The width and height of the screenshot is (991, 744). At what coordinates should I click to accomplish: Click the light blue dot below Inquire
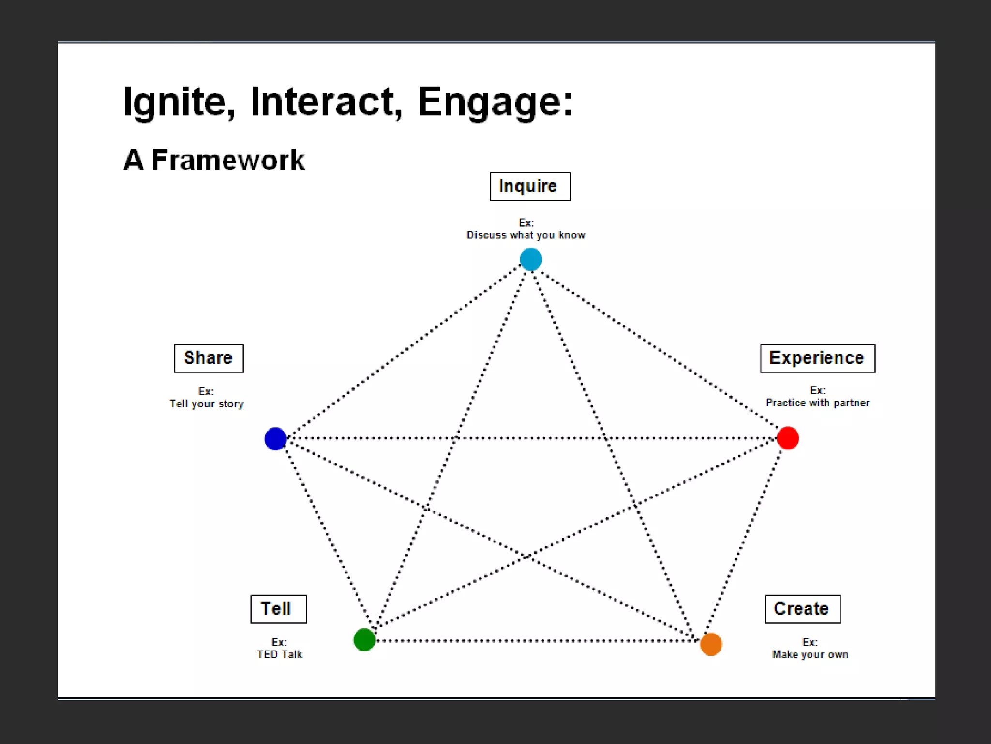[x=531, y=259]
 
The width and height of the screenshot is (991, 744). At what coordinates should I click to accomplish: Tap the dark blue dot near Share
[x=275, y=438]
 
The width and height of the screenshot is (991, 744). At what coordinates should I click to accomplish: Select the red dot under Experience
[x=788, y=438]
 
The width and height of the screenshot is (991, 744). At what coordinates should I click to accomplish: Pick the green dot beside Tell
[x=364, y=640]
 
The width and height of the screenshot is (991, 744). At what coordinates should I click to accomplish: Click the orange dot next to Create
[x=711, y=644]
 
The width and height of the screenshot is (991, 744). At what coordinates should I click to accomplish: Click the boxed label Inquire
[x=530, y=186]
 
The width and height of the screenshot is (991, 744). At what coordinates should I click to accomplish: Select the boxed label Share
[x=209, y=358]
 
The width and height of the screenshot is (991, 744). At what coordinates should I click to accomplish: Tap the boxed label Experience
[x=817, y=358]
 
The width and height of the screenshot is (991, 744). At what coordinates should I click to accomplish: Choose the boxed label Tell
[x=278, y=609]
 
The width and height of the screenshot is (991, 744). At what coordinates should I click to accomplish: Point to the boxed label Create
[x=802, y=609]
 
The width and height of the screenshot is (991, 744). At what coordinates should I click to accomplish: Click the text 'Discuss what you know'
[x=526, y=235]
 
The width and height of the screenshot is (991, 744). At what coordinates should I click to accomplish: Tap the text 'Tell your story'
[x=207, y=404]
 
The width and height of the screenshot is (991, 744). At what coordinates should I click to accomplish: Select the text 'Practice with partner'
[x=817, y=403]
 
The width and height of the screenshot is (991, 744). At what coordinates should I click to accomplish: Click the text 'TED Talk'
[x=280, y=655]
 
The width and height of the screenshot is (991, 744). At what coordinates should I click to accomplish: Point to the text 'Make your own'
[x=810, y=655]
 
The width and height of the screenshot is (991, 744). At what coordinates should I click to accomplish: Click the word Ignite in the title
[x=179, y=102]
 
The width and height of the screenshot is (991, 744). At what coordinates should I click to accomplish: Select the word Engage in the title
[x=495, y=102]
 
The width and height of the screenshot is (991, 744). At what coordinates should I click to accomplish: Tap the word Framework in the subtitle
[x=228, y=160]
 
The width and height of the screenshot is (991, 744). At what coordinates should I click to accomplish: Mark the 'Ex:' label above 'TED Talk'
[x=279, y=642]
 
